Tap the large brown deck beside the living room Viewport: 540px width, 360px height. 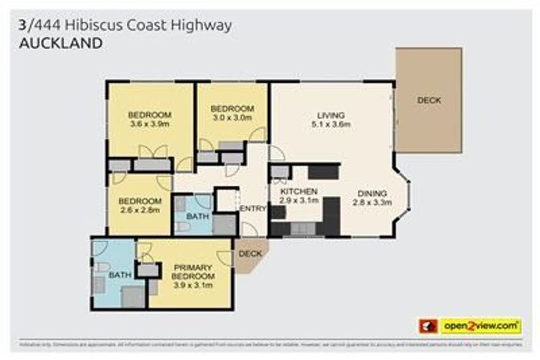coord(428,100)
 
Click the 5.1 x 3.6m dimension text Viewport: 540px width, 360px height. coord(330,125)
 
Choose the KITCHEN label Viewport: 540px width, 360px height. coord(300,191)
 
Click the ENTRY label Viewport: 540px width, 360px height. coord(253,209)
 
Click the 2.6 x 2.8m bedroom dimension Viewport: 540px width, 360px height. coord(139,209)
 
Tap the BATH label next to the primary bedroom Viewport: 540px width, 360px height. coord(119,275)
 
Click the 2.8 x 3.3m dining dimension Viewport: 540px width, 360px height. coord(371,202)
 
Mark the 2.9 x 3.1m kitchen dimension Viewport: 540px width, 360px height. coord(300,200)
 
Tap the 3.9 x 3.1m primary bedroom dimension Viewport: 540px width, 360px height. coord(192,285)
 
